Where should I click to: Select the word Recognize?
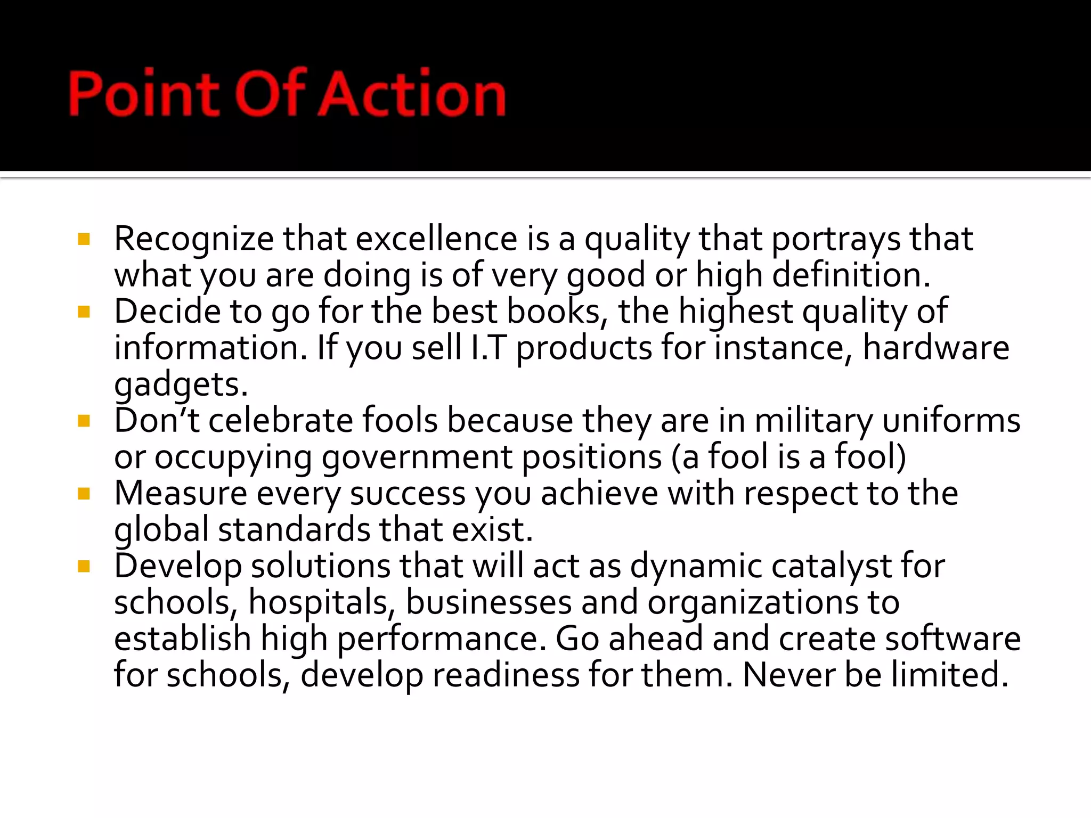click(x=193, y=239)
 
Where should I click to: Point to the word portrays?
click(x=835, y=239)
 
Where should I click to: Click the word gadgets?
click(x=181, y=385)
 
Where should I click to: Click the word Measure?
click(x=181, y=493)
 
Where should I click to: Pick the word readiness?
click(x=506, y=675)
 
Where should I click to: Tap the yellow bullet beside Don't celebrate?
click(x=84, y=421)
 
